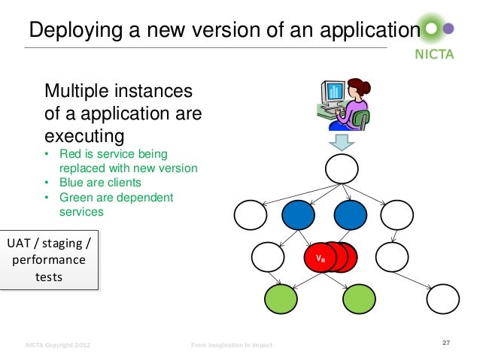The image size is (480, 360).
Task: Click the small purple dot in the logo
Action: click(x=449, y=29)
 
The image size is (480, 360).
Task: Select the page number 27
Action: click(x=445, y=343)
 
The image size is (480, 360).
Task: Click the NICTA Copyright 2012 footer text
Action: click(x=58, y=345)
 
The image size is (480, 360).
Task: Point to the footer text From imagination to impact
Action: click(x=232, y=345)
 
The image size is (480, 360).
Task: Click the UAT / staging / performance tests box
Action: click(x=49, y=260)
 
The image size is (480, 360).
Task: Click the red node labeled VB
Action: click(x=320, y=258)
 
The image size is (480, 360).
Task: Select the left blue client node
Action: click(x=298, y=216)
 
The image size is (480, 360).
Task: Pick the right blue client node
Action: click(x=349, y=216)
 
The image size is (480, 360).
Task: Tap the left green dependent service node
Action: click(x=281, y=300)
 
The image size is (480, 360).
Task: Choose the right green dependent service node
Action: click(x=359, y=300)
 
